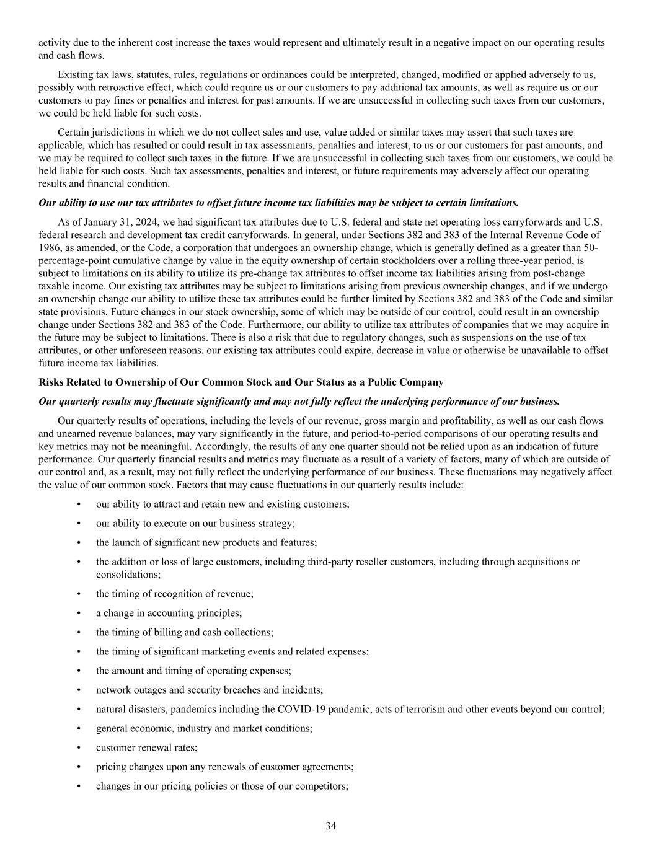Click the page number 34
(330, 826)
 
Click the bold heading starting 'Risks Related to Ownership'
(241, 382)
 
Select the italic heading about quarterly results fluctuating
(299, 401)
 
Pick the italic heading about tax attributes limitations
(278, 203)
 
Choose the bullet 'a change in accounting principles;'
(169, 613)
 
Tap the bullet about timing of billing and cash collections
(184, 632)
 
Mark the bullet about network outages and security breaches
(209, 690)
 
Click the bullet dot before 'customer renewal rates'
(79, 747)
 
